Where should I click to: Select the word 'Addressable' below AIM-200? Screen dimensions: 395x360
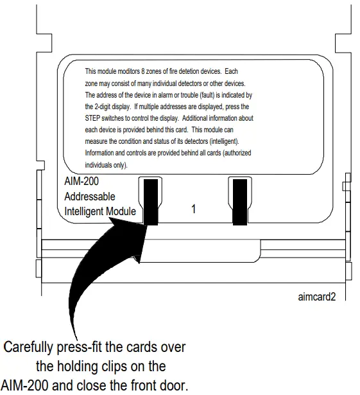point(90,197)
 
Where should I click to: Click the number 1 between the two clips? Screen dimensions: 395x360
point(193,209)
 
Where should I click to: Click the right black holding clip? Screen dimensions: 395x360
point(239,200)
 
